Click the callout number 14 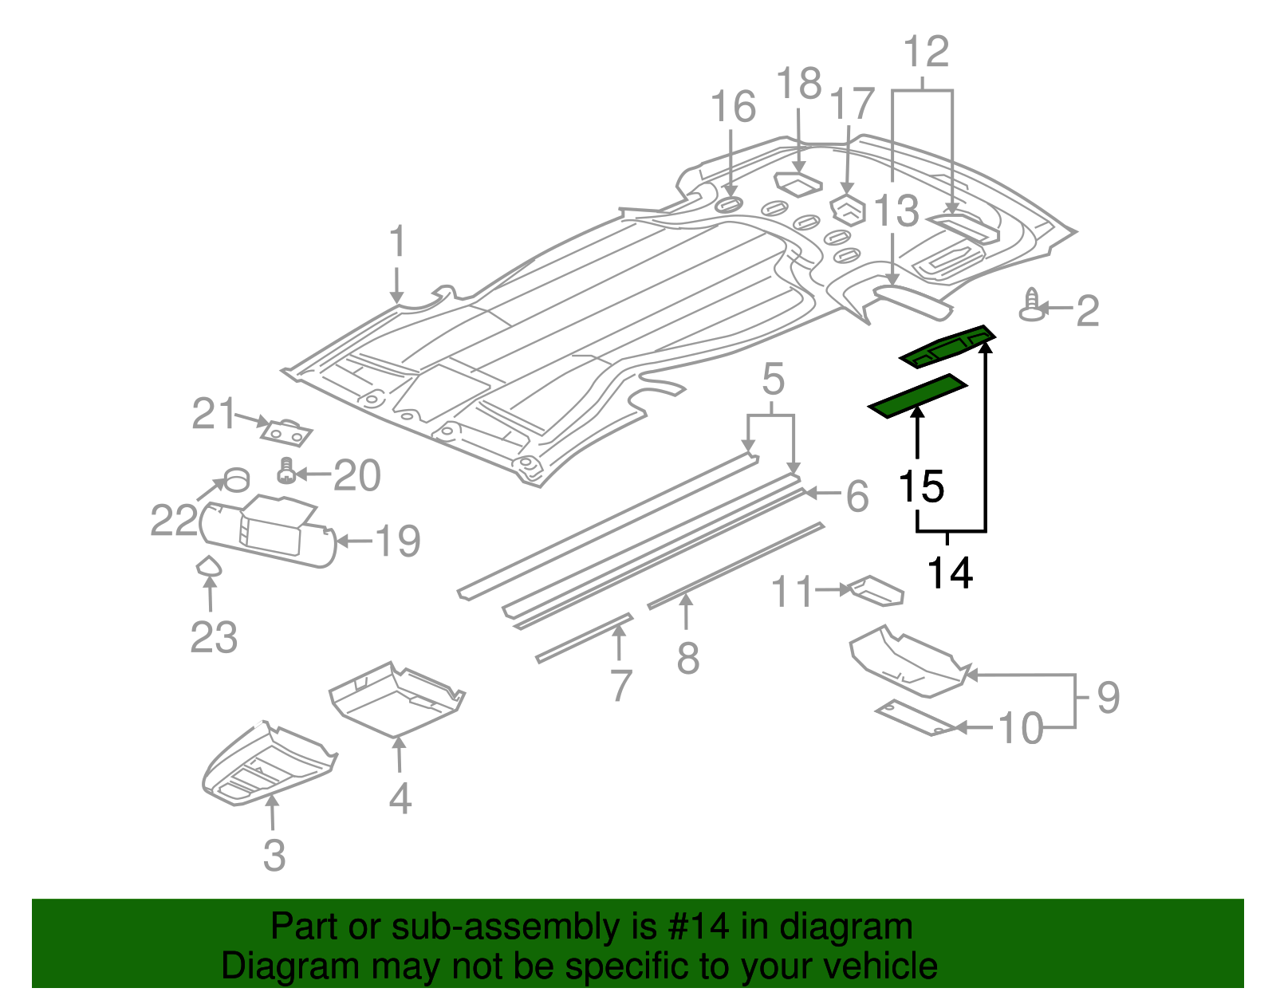pyautogui.click(x=949, y=573)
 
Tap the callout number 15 pyautogui.click(x=921, y=486)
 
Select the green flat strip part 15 pyautogui.click(x=917, y=396)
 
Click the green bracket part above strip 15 pyautogui.click(x=947, y=348)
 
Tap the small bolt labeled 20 pyautogui.click(x=286, y=471)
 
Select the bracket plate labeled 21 pyautogui.click(x=286, y=433)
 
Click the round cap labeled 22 pyautogui.click(x=236, y=481)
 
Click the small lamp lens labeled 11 pyautogui.click(x=877, y=591)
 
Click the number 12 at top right pyautogui.click(x=925, y=52)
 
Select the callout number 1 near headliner pyautogui.click(x=397, y=242)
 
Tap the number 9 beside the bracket pyautogui.click(x=1108, y=697)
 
